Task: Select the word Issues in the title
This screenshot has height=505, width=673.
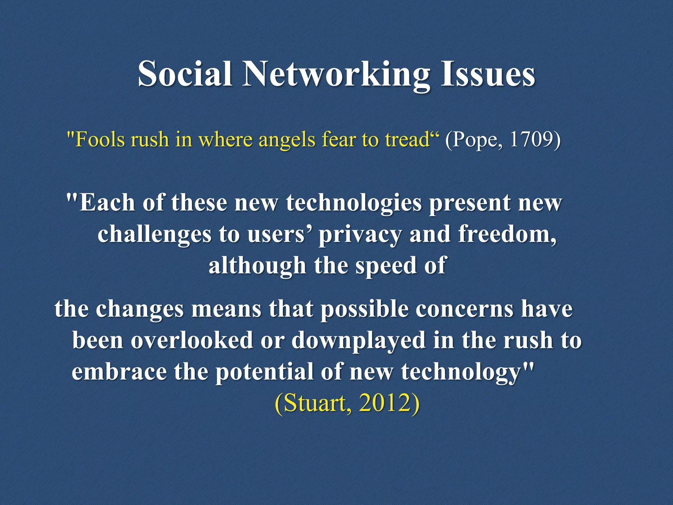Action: coord(488,74)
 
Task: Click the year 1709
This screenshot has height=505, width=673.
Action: coord(531,139)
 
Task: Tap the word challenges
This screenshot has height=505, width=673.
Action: coord(154,235)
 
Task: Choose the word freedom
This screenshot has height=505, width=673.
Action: coord(507,234)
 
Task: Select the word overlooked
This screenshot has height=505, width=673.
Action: coord(192,340)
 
